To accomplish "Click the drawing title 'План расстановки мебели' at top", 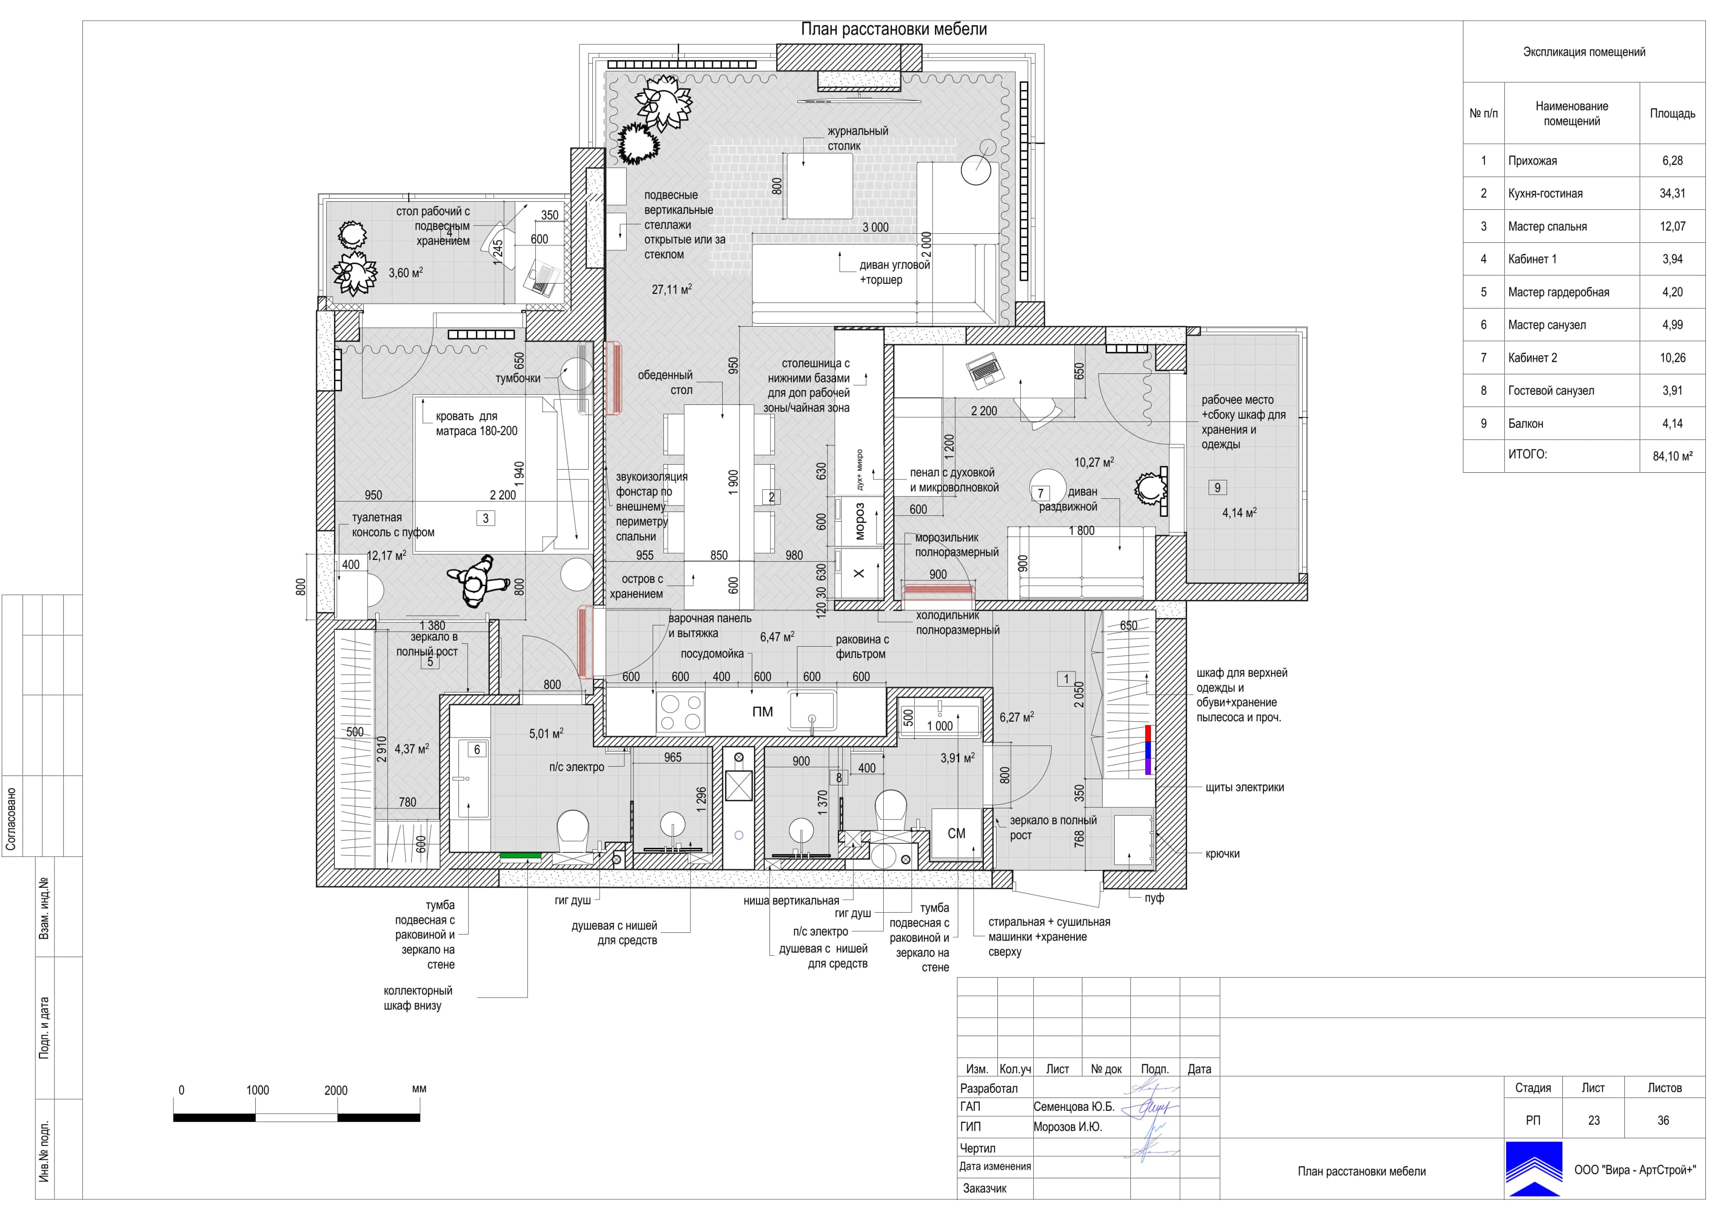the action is (894, 29).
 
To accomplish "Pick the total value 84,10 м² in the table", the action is (1672, 456).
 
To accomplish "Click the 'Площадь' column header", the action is (1672, 114).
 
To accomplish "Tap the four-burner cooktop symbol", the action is (681, 712).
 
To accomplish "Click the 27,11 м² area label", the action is (672, 289).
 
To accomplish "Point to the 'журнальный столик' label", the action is (857, 138).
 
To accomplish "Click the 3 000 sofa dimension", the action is (875, 227).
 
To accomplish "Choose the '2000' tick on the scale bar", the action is (336, 1090).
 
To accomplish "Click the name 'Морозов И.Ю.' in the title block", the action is (1068, 1127).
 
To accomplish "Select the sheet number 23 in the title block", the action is (1594, 1120).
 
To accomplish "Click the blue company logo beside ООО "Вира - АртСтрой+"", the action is (1534, 1169).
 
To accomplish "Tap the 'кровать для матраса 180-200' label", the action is (476, 423).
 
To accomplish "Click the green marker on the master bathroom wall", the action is (521, 855).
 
